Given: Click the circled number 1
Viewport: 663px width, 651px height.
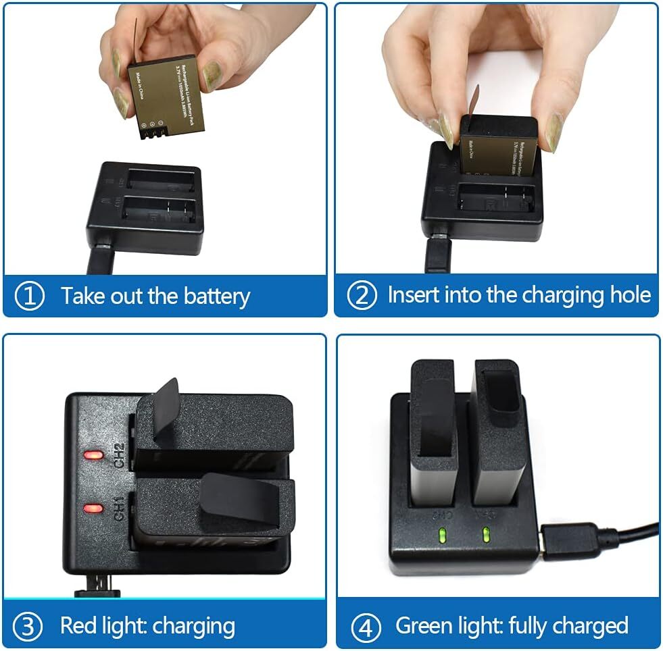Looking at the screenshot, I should (x=30, y=296).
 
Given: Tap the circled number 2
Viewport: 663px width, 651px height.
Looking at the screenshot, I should (x=362, y=296).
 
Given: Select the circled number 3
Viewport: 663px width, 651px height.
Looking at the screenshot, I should (x=28, y=626).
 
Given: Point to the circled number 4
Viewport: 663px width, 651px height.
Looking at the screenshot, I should (x=366, y=626).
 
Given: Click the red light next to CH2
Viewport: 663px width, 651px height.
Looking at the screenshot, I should (x=93, y=454).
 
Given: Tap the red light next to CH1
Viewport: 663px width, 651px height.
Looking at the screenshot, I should (x=93, y=508).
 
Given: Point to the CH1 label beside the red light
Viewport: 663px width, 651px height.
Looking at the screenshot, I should (x=119, y=509).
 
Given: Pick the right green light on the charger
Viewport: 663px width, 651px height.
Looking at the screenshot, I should (x=485, y=537).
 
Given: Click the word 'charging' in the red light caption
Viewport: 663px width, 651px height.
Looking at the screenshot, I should (x=194, y=626).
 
